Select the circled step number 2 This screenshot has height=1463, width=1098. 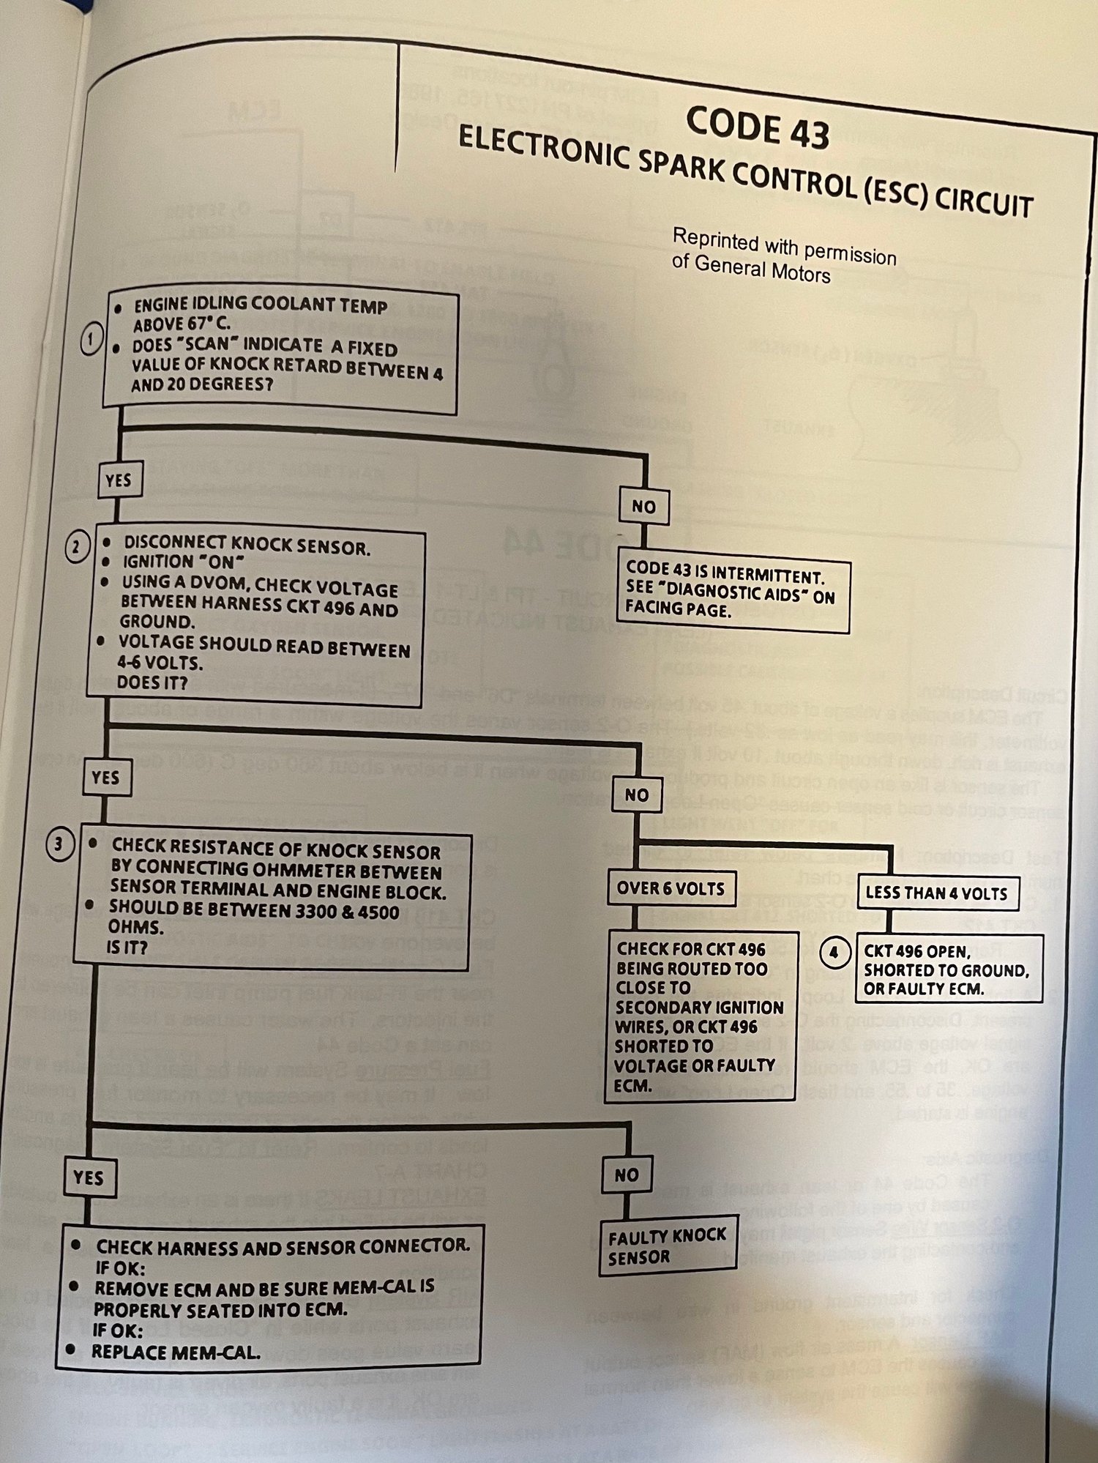(77, 547)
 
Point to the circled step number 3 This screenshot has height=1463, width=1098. (59, 844)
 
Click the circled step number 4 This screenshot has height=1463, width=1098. (833, 953)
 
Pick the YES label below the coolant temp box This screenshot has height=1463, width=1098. (118, 480)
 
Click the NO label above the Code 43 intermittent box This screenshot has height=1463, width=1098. (643, 506)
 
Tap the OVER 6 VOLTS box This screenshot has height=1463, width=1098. (671, 888)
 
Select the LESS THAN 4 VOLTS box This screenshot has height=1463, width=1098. (936, 893)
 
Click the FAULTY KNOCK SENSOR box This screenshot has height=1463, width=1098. (667, 1246)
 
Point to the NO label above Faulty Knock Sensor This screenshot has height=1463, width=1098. (627, 1175)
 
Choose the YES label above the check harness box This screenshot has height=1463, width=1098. (89, 1177)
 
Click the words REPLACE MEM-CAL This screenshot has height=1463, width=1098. (176, 1352)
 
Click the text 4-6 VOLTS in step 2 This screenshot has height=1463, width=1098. (160, 663)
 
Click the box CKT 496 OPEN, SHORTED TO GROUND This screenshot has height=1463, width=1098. (947, 970)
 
